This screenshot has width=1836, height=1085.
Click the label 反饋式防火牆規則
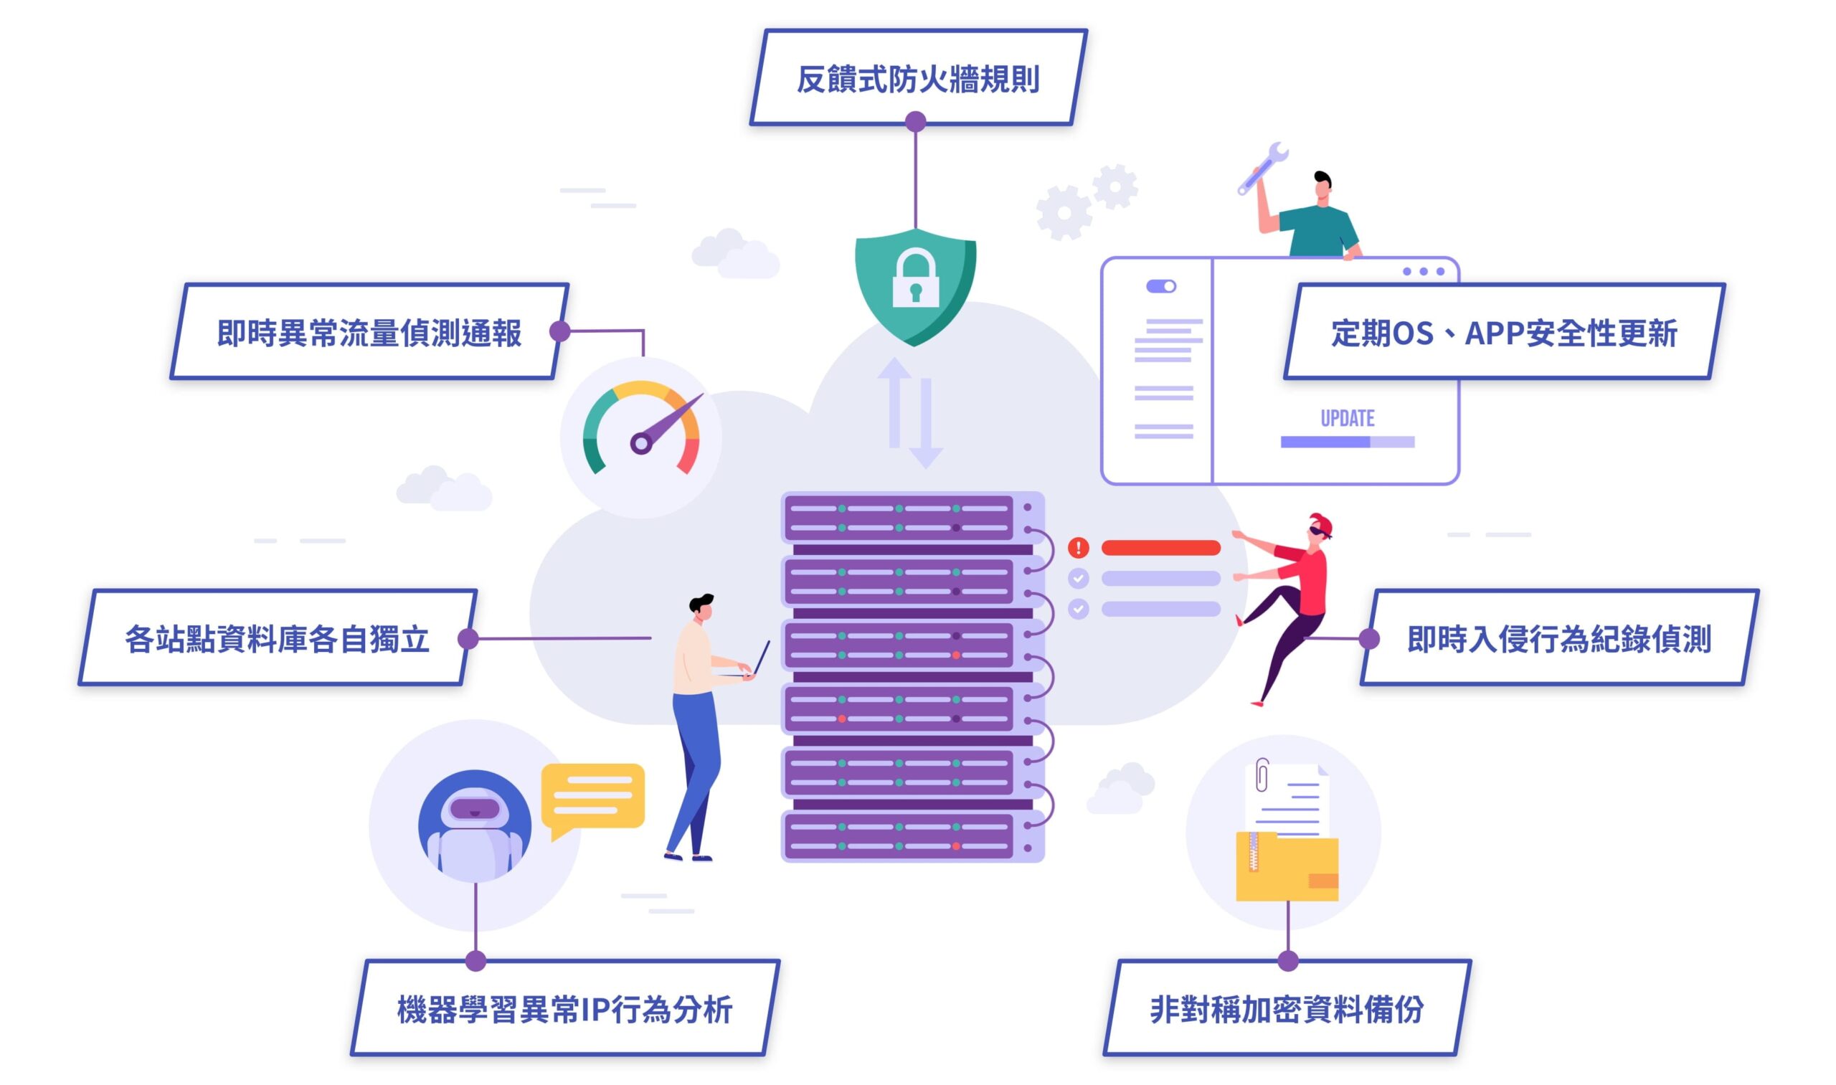(917, 79)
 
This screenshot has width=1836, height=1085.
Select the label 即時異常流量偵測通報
(369, 333)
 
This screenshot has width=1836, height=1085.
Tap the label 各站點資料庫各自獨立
(277, 639)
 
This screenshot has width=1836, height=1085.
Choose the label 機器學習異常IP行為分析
(564, 1010)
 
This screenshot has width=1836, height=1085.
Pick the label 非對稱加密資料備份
(1286, 1010)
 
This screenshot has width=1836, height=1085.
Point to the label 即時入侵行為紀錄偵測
(1559, 639)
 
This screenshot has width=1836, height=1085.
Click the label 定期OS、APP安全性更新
(1504, 333)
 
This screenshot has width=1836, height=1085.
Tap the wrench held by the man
(1263, 166)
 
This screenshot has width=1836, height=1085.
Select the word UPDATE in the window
(1347, 418)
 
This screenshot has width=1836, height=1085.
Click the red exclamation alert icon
(1079, 547)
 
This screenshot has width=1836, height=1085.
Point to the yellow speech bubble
(592, 797)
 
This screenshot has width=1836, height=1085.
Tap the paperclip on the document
(1262, 776)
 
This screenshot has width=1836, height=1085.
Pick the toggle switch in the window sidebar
(1160, 286)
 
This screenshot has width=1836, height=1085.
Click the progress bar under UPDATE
(1347, 442)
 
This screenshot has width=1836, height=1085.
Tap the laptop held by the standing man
(760, 659)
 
